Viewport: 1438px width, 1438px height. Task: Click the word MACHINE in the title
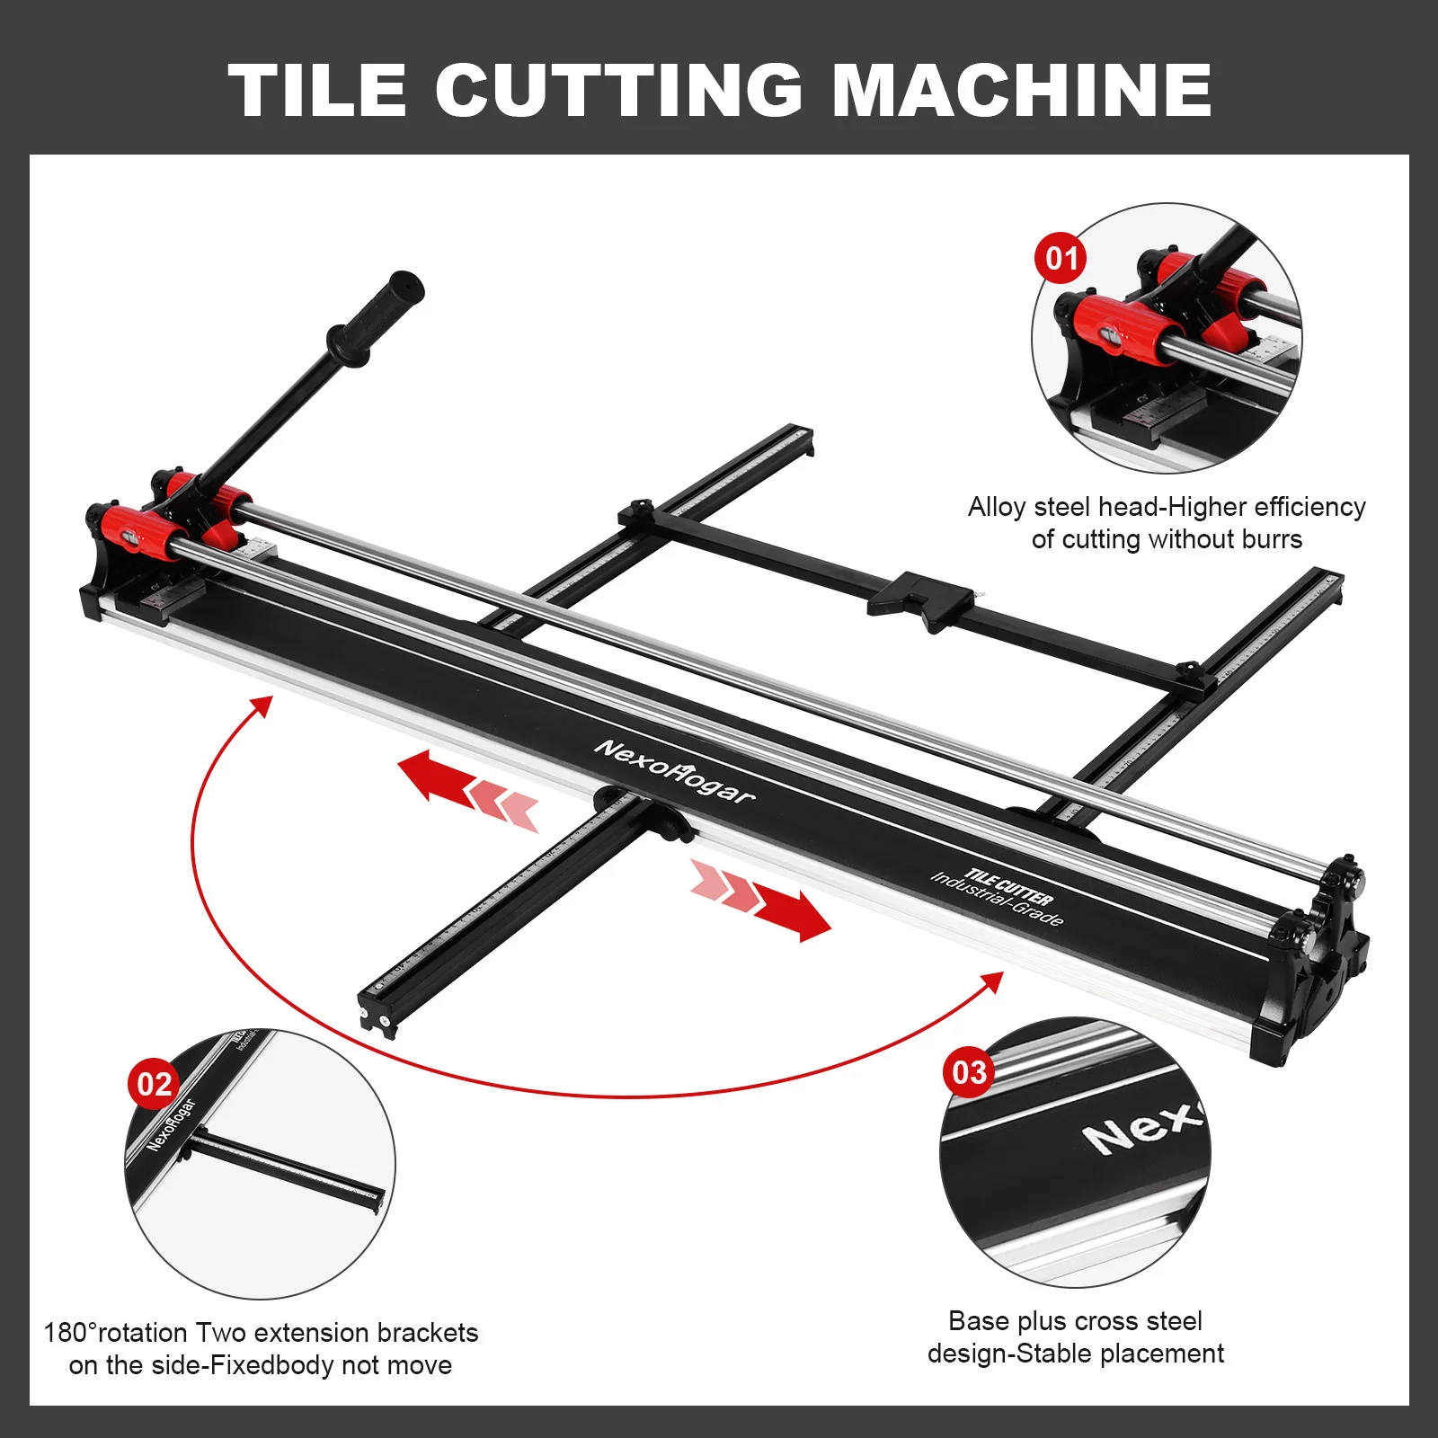coord(1022,90)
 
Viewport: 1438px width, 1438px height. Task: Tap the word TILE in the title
coord(316,90)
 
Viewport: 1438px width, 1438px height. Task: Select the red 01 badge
coord(1061,259)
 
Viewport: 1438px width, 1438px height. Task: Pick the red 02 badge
coord(154,1084)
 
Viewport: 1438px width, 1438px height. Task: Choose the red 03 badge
coord(969,1071)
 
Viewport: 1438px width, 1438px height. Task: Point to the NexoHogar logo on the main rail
coord(674,771)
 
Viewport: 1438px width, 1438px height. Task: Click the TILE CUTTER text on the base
coord(1008,887)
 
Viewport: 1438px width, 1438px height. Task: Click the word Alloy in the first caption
coord(996,508)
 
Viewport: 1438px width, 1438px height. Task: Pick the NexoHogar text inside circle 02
coord(171,1124)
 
